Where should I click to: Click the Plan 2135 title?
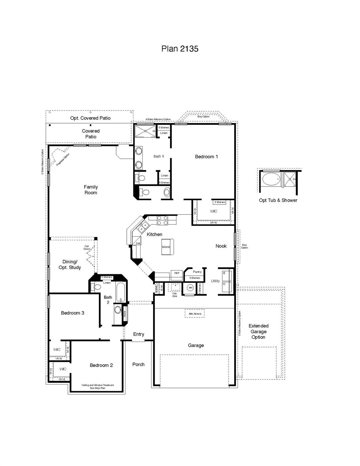tap(180, 49)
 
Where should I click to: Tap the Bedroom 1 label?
tap(206, 157)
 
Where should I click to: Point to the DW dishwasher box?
tap(138, 243)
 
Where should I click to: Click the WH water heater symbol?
tap(190, 288)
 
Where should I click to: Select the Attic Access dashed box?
tap(195, 314)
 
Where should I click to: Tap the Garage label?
tap(196, 345)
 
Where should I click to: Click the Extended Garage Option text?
tap(258, 331)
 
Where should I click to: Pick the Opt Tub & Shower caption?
tap(278, 200)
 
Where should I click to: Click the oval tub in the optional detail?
tap(271, 180)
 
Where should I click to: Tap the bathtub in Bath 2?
tap(120, 292)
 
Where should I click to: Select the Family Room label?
tap(91, 190)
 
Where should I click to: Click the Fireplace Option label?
tap(63, 160)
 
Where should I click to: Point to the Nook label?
tap(221, 246)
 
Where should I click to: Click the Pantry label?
tap(197, 272)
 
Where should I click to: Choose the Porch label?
tap(138, 364)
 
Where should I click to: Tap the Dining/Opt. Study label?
tap(70, 265)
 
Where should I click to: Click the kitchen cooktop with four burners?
tap(162, 220)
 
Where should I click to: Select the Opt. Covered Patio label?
tap(90, 118)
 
